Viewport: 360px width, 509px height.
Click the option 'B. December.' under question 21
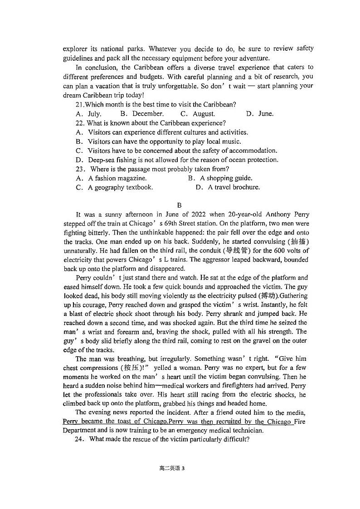[142, 114]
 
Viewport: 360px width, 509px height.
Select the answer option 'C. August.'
[198, 114]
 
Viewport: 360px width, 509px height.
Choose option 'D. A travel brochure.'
[228, 187]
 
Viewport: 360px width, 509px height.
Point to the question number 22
[80, 123]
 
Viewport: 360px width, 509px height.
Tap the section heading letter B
[179, 205]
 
